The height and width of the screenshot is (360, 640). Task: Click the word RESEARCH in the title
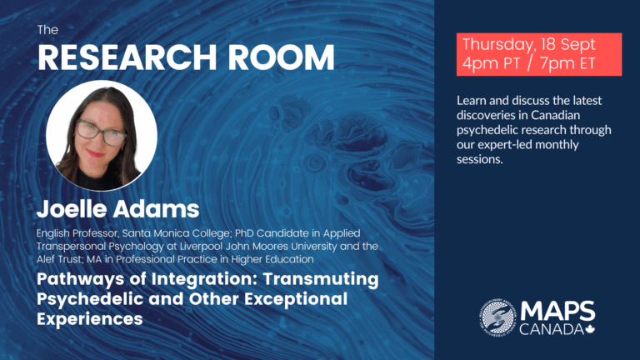tap(127, 57)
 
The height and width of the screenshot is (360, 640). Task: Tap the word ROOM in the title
tap(281, 57)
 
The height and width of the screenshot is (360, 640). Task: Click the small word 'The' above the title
tap(47, 30)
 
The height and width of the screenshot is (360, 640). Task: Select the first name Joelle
tap(72, 209)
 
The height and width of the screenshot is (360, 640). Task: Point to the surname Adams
tap(157, 209)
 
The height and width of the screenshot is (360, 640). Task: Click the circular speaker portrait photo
tap(102, 136)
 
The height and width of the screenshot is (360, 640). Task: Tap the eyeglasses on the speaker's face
tap(101, 132)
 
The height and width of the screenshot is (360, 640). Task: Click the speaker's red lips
tap(95, 153)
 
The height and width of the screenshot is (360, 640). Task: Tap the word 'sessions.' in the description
tap(480, 159)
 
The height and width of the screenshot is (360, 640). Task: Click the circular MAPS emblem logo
tap(498, 317)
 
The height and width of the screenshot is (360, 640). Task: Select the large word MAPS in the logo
tap(557, 312)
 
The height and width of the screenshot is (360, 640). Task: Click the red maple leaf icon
tap(590, 329)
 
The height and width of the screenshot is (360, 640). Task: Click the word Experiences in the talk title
tap(90, 319)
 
